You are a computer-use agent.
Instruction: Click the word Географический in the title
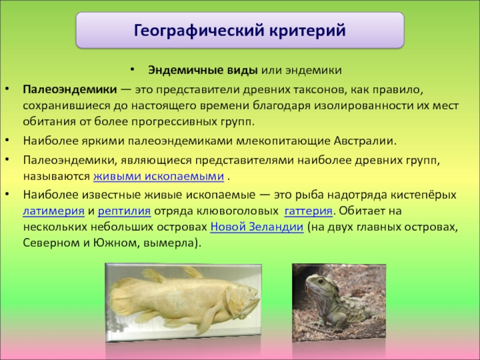(x=199, y=31)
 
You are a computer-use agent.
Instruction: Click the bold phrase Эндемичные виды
(x=203, y=70)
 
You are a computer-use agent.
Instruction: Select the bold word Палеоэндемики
(x=70, y=89)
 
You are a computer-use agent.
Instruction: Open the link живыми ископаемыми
(x=158, y=176)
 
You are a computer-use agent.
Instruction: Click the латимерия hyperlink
(x=53, y=211)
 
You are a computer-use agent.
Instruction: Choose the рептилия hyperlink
(x=124, y=211)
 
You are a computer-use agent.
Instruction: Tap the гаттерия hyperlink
(x=308, y=211)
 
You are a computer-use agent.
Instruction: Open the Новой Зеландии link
(x=257, y=227)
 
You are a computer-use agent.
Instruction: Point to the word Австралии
(x=365, y=141)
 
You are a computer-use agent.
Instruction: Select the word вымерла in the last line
(x=169, y=243)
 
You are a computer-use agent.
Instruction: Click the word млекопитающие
(x=283, y=141)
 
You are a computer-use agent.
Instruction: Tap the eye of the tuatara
(x=321, y=281)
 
